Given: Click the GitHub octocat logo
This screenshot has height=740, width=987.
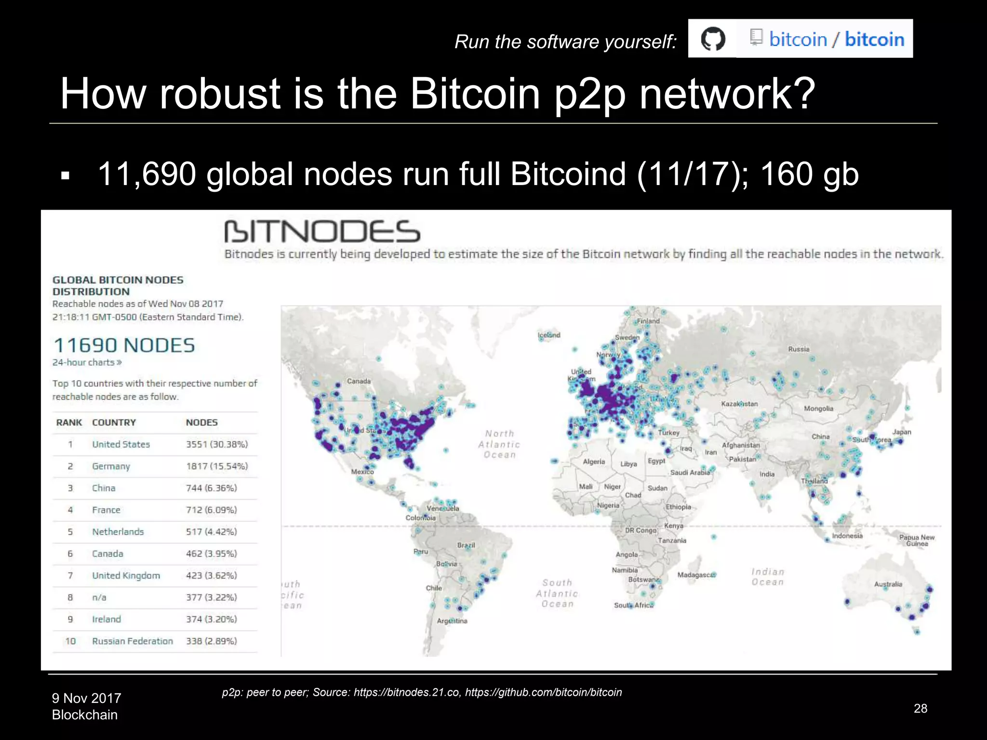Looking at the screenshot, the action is pyautogui.click(x=713, y=39).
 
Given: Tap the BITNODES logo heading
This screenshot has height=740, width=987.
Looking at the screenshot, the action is pyautogui.click(x=322, y=232).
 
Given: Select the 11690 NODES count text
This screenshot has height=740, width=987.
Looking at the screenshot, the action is pyautogui.click(x=124, y=345).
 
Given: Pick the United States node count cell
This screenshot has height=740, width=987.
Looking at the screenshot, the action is pyautogui.click(x=217, y=444).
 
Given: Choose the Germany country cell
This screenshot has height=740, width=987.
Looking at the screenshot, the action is pyautogui.click(x=111, y=466).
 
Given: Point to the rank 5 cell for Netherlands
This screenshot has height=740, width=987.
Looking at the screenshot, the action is pyautogui.click(x=70, y=532).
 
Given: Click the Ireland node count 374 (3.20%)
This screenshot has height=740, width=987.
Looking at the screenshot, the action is pyautogui.click(x=212, y=619).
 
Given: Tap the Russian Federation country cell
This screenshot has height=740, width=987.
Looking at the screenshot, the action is pyautogui.click(x=133, y=641).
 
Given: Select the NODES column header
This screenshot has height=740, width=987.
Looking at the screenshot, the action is pyautogui.click(x=202, y=423).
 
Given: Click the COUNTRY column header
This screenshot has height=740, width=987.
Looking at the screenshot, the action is pyautogui.click(x=114, y=423).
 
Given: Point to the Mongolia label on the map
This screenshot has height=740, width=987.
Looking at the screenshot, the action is pyautogui.click(x=818, y=409).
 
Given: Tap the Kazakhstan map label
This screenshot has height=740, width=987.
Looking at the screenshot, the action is pyautogui.click(x=739, y=404).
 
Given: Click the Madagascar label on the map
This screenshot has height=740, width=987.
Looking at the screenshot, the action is pyautogui.click(x=696, y=575).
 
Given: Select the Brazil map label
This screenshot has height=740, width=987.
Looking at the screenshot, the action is pyautogui.click(x=466, y=545).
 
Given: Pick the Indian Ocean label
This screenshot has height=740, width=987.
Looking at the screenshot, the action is pyautogui.click(x=768, y=577).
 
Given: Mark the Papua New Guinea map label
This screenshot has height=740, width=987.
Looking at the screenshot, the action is pyautogui.click(x=917, y=540).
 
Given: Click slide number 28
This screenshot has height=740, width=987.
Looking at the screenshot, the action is pyautogui.click(x=920, y=708).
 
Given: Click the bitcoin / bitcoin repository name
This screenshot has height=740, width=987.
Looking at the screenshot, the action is pyautogui.click(x=837, y=39).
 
